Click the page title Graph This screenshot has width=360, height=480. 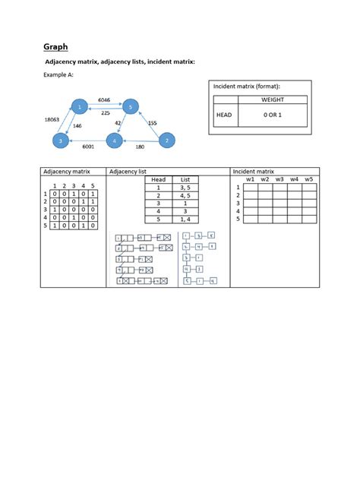(55, 46)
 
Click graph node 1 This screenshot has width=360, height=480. (79, 107)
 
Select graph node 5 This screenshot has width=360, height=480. (131, 106)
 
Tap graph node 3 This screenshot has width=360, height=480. (60, 141)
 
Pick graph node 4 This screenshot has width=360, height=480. (114, 141)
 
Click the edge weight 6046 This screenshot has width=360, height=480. (104, 99)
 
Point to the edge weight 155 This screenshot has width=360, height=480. (152, 122)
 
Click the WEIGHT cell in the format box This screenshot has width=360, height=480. (271, 99)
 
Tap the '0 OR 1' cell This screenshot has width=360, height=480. (271, 115)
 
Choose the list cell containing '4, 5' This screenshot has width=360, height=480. (185, 195)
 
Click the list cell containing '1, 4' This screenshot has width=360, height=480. (185, 219)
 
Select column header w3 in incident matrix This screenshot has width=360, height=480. (279, 179)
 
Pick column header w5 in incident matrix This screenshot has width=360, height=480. (308, 179)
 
